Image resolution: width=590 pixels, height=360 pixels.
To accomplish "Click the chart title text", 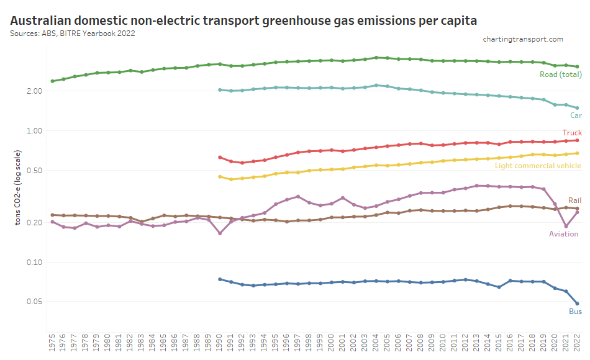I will pyautogui.click(x=243, y=20).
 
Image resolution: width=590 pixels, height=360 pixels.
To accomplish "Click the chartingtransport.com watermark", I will pyautogui.click(x=523, y=39).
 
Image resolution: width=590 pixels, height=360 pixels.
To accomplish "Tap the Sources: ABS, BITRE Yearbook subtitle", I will pyautogui.click(x=73, y=33).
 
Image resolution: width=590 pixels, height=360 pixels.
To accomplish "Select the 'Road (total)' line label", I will pyautogui.click(x=561, y=74).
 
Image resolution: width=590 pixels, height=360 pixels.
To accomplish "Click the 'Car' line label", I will pyautogui.click(x=576, y=115).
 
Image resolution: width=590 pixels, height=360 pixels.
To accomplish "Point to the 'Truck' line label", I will pyautogui.click(x=572, y=133).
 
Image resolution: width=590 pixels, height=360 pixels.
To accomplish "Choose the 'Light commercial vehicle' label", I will pyautogui.click(x=538, y=166).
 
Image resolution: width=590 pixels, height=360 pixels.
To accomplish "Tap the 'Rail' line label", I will pyautogui.click(x=574, y=200).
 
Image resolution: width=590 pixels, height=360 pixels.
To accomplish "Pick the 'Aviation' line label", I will pyautogui.click(x=563, y=234).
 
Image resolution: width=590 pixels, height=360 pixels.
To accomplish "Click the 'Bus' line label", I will pyautogui.click(x=575, y=312).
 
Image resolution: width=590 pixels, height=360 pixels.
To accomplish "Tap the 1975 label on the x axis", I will pyautogui.click(x=52, y=343).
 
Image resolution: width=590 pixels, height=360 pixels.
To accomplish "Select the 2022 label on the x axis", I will pyautogui.click(x=578, y=343).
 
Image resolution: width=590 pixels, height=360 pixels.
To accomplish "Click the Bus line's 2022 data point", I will pyautogui.click(x=577, y=304).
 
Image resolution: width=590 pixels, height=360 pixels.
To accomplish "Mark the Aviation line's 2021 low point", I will pyautogui.click(x=566, y=227).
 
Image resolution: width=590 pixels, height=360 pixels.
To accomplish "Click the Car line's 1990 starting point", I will pyautogui.click(x=220, y=90).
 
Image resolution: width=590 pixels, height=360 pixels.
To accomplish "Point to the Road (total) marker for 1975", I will pyautogui.click(x=52, y=81).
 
